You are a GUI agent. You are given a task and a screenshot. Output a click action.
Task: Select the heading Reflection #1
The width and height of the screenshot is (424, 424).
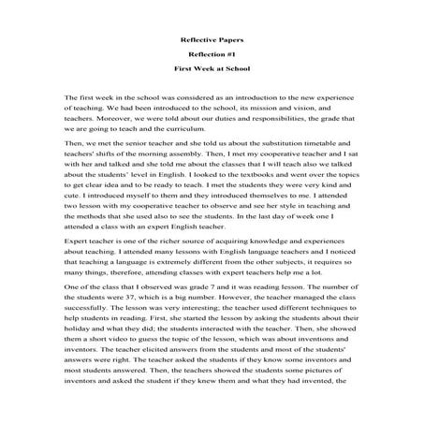[212, 54]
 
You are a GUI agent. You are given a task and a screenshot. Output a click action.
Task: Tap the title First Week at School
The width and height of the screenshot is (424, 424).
[212, 70]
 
